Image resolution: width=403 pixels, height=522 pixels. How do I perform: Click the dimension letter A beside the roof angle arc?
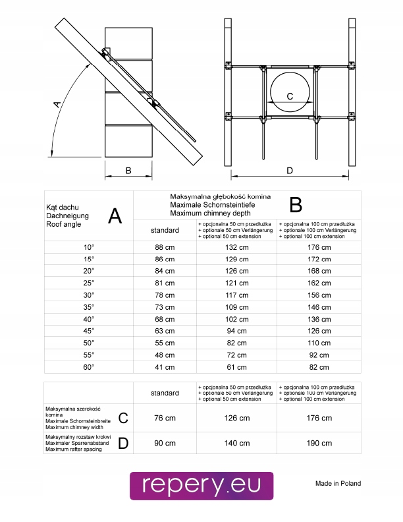click(x=58, y=103)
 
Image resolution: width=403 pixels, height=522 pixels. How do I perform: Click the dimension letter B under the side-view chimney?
click(x=128, y=171)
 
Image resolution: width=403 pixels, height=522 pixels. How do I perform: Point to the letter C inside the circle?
click(x=290, y=96)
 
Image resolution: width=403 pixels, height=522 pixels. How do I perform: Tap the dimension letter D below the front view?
click(x=290, y=171)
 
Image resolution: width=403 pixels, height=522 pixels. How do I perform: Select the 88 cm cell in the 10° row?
click(x=164, y=247)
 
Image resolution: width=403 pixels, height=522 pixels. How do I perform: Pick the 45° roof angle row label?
click(x=89, y=330)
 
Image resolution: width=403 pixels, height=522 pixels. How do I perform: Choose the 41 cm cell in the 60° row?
click(x=164, y=367)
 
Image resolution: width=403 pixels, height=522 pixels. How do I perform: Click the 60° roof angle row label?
click(x=89, y=366)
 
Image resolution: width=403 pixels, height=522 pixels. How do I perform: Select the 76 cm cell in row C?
click(x=165, y=418)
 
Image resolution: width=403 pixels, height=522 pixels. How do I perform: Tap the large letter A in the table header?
click(x=115, y=216)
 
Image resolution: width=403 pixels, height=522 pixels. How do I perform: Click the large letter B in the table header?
click(x=296, y=205)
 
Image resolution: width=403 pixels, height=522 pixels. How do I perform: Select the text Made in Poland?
click(x=338, y=483)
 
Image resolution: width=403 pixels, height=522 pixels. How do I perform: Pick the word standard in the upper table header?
click(x=165, y=230)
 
